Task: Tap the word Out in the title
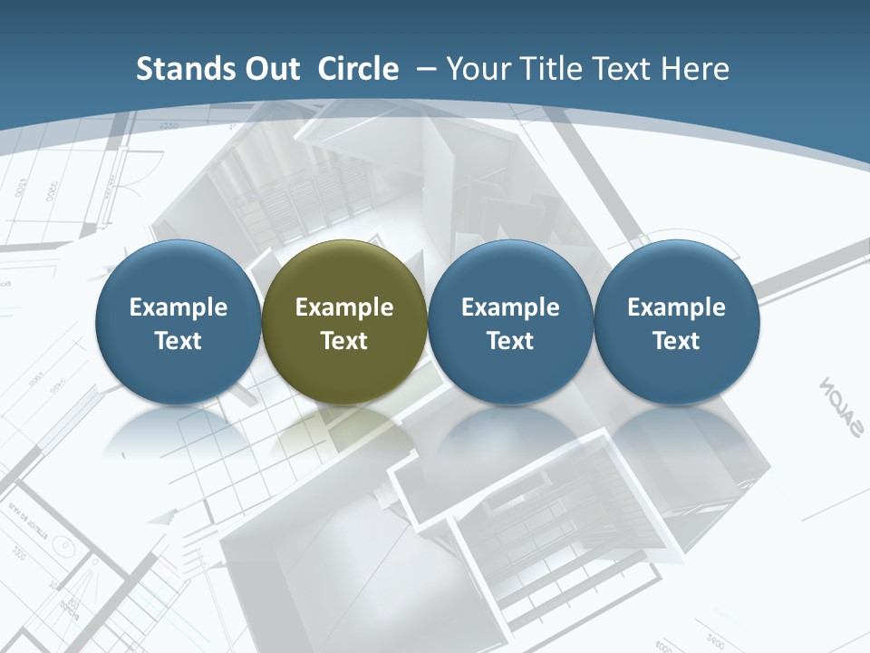269,69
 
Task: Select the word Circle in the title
358,69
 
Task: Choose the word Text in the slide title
626,69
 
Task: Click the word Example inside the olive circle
344,307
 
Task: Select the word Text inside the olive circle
344,341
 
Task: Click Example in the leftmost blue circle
179,307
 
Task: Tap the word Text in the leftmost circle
179,341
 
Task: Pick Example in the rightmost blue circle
676,307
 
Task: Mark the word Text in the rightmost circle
676,341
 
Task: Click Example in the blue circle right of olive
510,307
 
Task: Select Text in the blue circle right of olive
510,341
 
